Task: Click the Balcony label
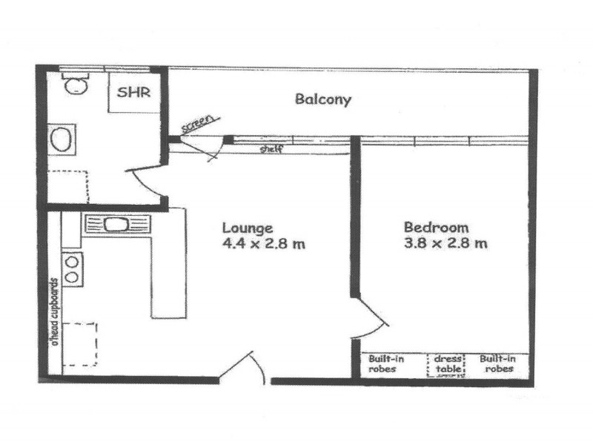(322, 99)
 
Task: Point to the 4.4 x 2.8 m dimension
(264, 243)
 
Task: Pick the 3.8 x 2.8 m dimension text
(445, 243)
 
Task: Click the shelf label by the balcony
(271, 148)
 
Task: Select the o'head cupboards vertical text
(53, 312)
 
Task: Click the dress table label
(448, 363)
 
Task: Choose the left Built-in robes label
(386, 363)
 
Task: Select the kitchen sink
(117, 224)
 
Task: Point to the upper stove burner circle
(73, 260)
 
